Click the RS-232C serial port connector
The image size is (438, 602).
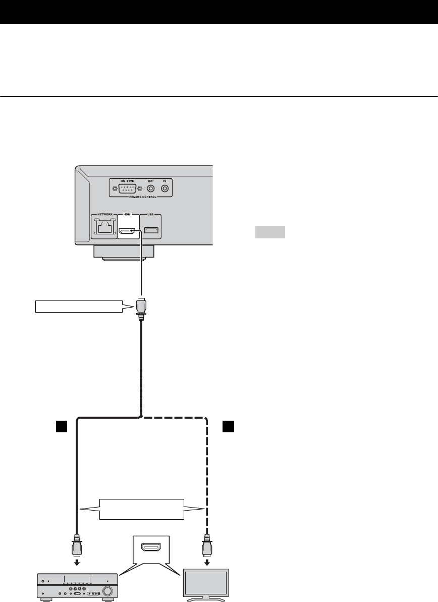127,188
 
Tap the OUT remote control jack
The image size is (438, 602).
150,188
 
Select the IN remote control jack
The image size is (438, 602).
165,188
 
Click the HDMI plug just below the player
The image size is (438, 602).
142,307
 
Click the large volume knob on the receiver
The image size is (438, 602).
107,590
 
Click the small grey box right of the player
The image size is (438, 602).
269,233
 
